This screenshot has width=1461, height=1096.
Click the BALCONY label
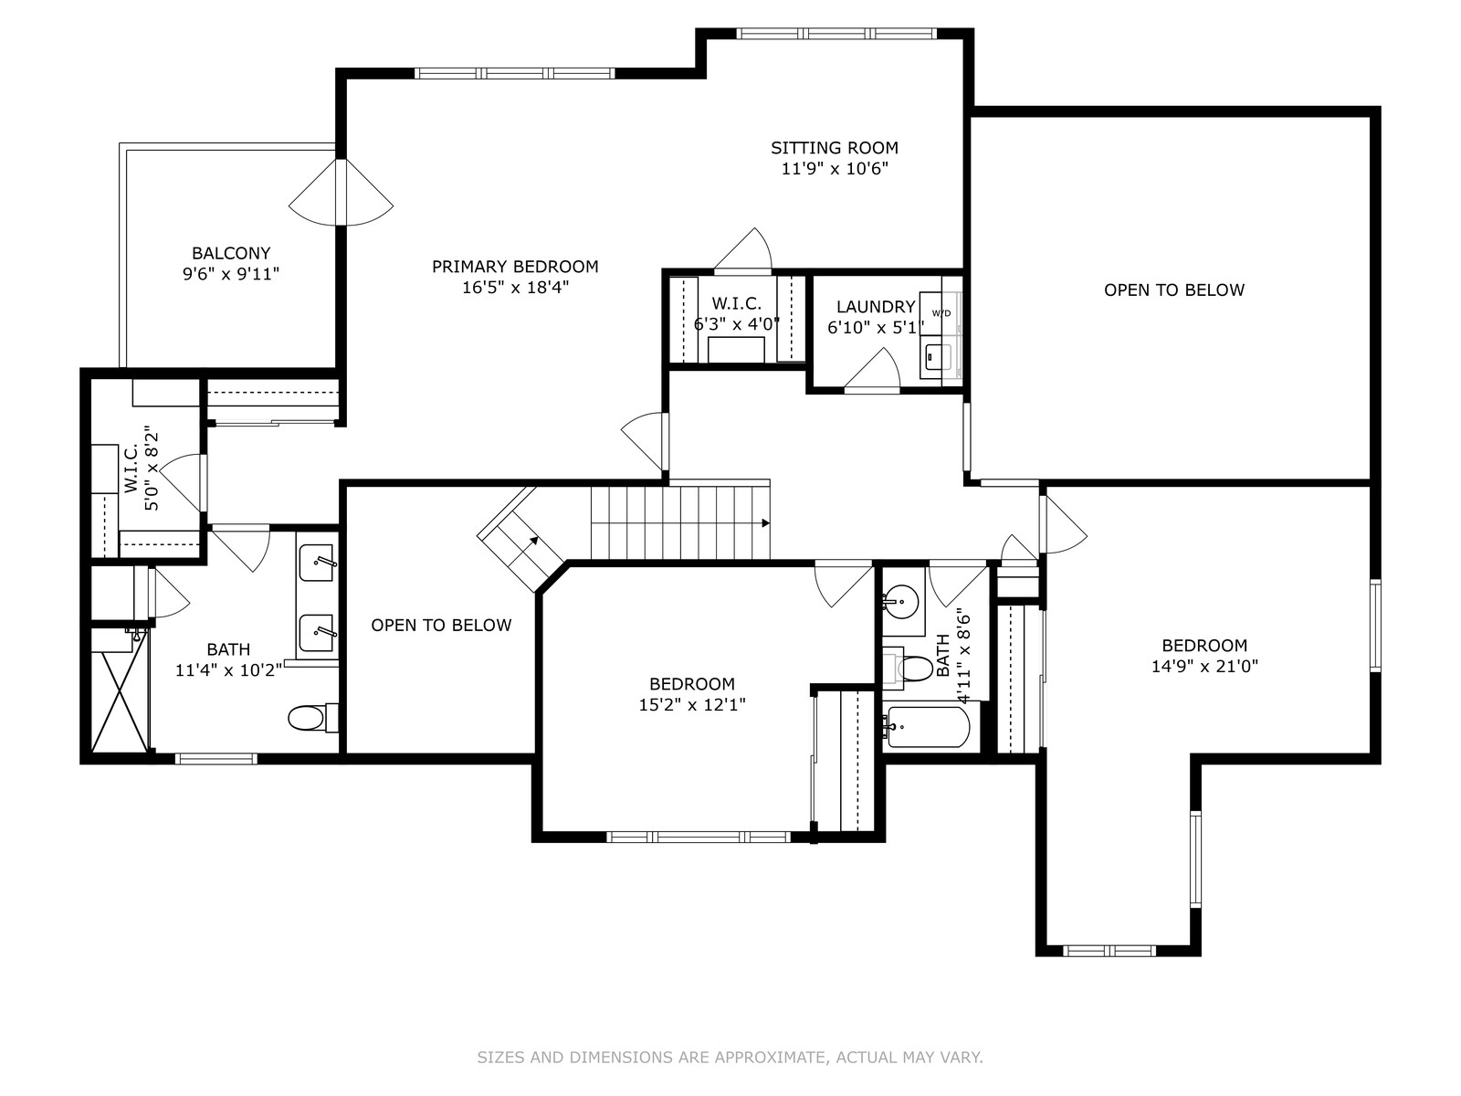coord(231,253)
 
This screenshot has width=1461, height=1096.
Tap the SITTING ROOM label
coord(834,148)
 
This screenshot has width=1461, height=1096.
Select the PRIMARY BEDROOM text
coord(515,267)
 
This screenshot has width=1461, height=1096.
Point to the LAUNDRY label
coord(876,307)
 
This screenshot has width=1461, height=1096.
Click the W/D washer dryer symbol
coord(941,313)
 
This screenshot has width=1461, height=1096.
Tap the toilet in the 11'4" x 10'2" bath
coord(313,718)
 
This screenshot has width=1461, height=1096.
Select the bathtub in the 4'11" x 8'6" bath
coord(930,727)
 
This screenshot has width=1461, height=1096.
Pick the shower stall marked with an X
coord(119,702)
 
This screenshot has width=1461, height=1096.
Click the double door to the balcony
coord(341,193)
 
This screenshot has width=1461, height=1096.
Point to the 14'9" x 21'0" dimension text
coord(1204,666)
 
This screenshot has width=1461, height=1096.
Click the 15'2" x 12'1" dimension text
coord(692,705)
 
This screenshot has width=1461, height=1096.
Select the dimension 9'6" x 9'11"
coord(231,274)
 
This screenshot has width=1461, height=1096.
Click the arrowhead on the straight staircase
coord(765,523)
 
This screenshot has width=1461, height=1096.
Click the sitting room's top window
coord(836,34)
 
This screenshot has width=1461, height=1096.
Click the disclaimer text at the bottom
coord(730,1057)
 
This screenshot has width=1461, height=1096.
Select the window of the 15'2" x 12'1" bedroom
coord(699,838)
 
